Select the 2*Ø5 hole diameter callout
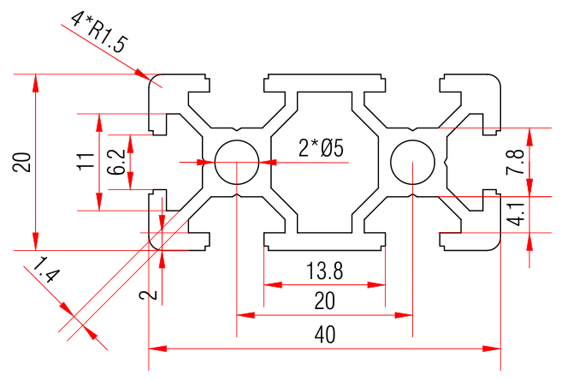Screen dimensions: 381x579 (321, 148)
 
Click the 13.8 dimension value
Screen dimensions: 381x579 (324, 272)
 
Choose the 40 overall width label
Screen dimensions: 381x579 (324, 336)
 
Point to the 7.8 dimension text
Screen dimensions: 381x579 (515, 162)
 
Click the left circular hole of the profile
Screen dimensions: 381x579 (236, 161)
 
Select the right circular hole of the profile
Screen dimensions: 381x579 (412, 161)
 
